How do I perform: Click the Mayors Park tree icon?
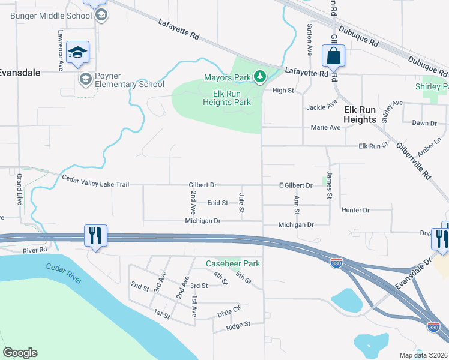tap(259, 77)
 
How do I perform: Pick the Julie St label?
tap(242, 202)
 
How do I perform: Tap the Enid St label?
tap(217, 203)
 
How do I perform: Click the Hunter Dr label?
tap(355, 211)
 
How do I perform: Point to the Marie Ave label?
tap(326, 128)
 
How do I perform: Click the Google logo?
tap(20, 353)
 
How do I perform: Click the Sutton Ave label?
tap(310, 40)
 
